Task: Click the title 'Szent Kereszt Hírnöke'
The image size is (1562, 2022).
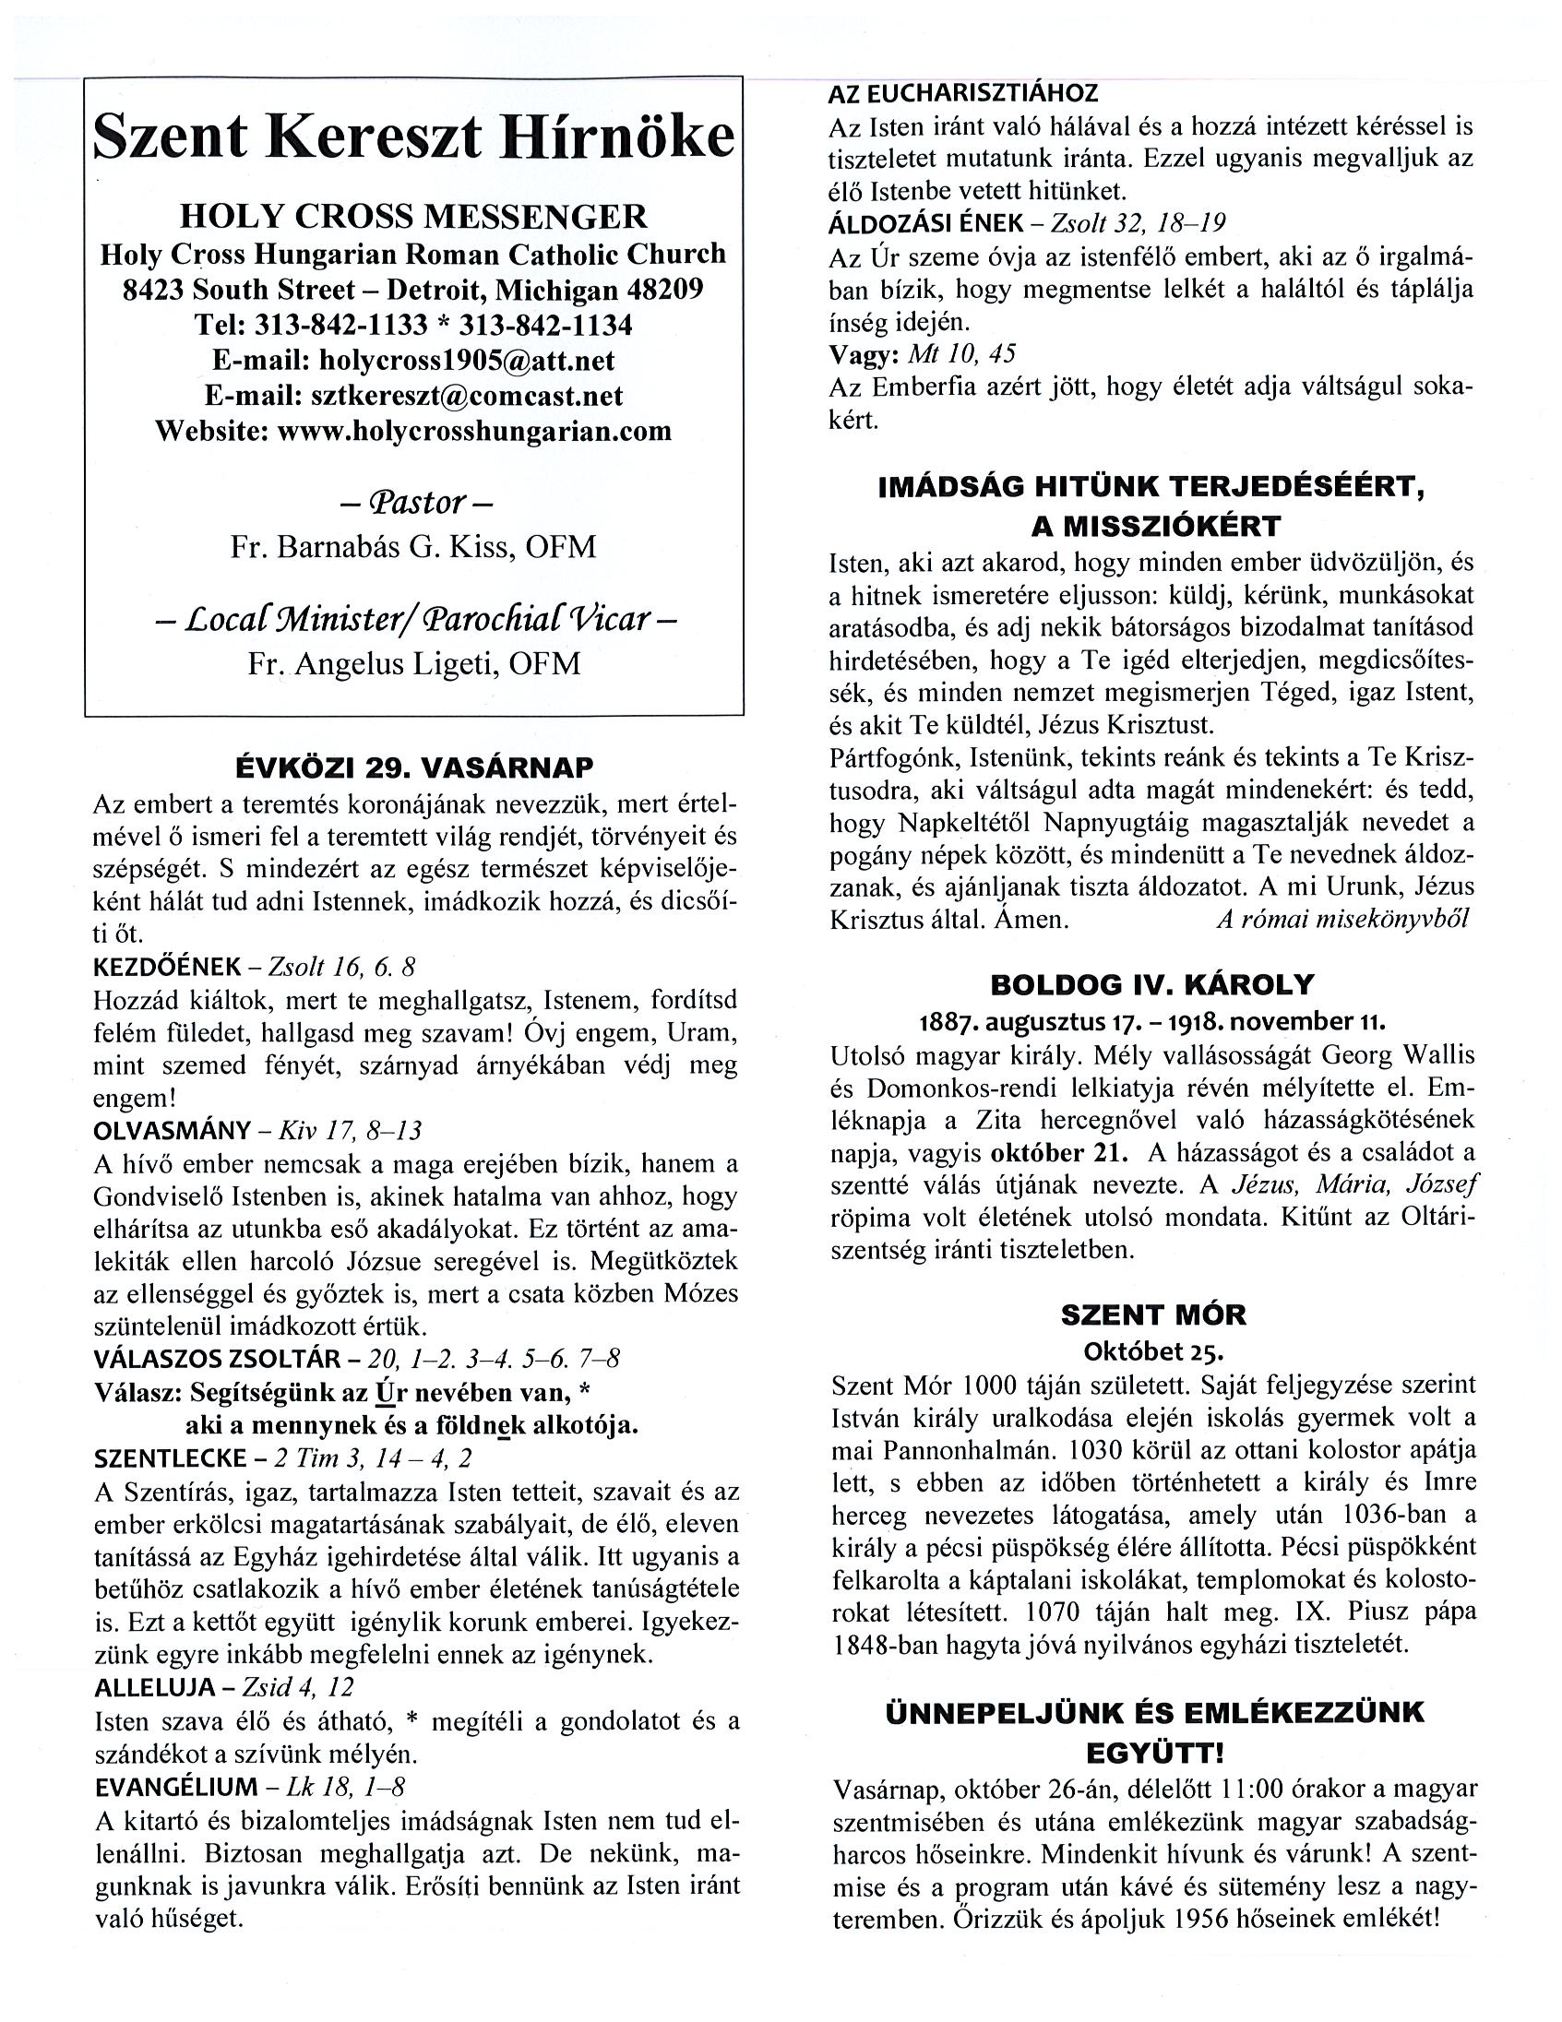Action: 414,137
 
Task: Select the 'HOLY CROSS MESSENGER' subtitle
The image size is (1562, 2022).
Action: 413,217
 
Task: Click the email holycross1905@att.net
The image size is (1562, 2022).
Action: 466,360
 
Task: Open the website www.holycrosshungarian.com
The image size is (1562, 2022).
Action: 474,431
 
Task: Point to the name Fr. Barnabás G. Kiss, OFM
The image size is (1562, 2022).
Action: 413,547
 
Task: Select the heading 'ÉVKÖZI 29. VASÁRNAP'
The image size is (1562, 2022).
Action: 414,767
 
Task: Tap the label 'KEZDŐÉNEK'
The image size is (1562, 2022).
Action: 167,968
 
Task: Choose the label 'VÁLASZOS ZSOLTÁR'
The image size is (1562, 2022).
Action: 218,1359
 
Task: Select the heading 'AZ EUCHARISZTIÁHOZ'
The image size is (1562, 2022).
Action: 963,92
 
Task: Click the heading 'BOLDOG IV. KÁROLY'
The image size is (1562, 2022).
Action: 1151,983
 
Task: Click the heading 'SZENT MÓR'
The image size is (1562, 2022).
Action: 1152,1314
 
